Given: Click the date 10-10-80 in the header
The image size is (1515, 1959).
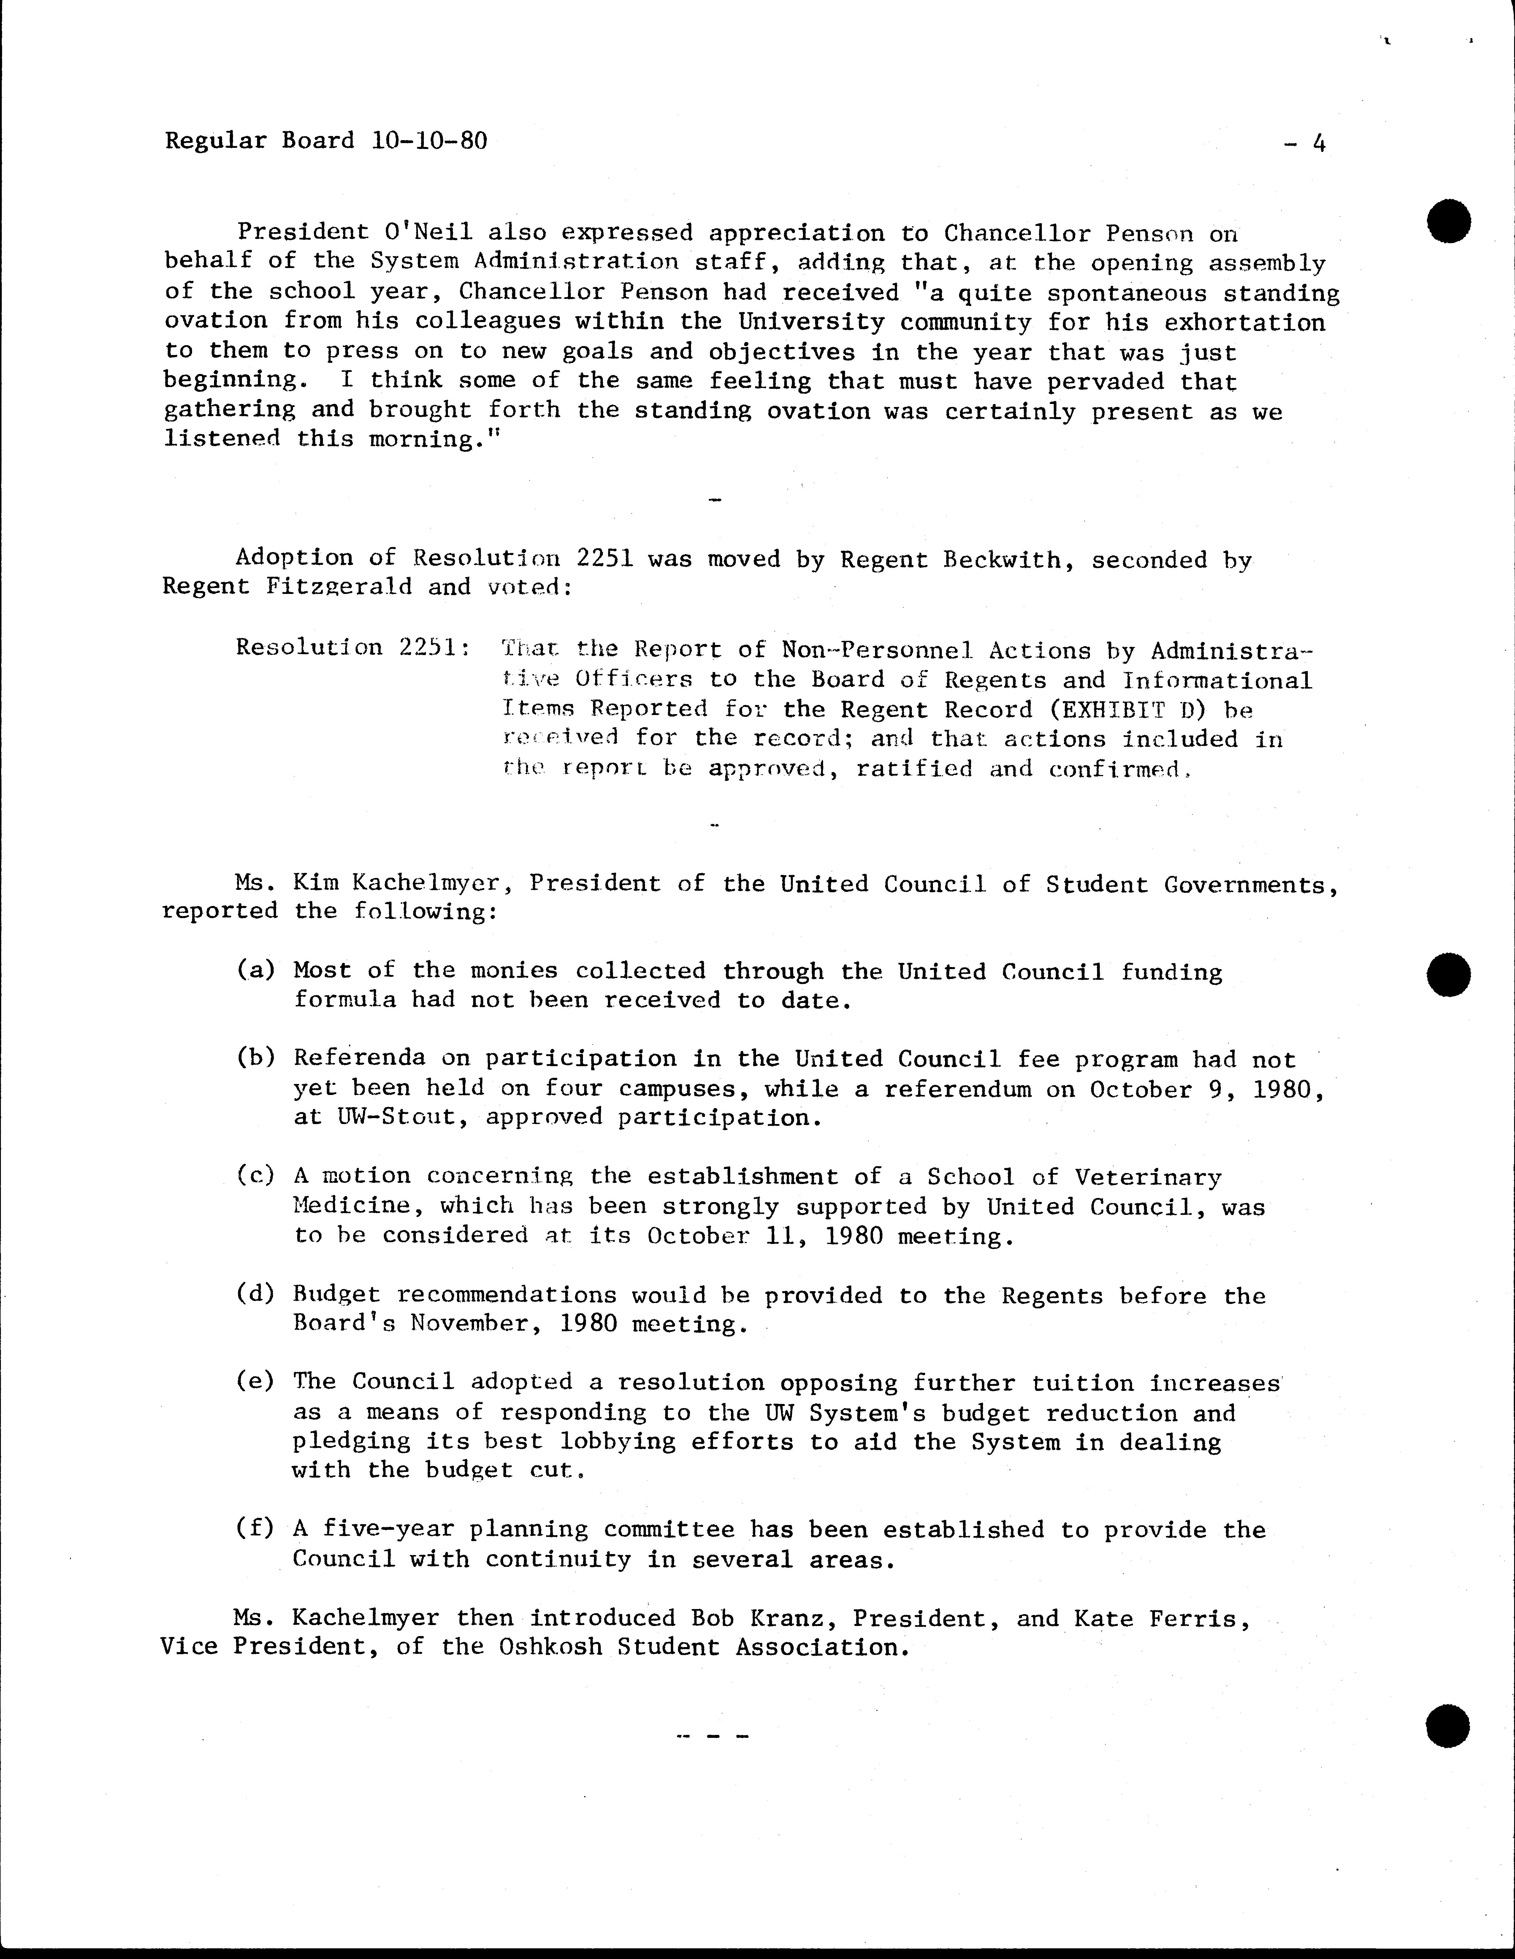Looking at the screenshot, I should coord(428,141).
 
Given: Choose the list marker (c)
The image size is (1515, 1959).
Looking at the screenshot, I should coord(256,1176).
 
